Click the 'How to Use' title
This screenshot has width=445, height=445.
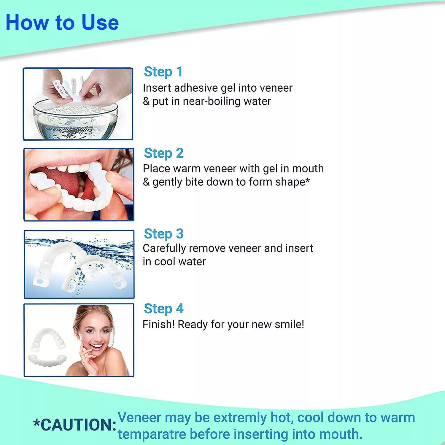(x=62, y=23)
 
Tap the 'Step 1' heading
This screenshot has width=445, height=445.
(x=163, y=72)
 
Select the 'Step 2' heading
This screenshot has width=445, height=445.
(x=164, y=153)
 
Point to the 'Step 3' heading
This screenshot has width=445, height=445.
(x=164, y=234)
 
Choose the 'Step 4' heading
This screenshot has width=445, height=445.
(x=164, y=309)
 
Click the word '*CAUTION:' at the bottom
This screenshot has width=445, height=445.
(x=75, y=425)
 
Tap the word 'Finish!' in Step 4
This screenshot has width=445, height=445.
(x=159, y=324)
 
